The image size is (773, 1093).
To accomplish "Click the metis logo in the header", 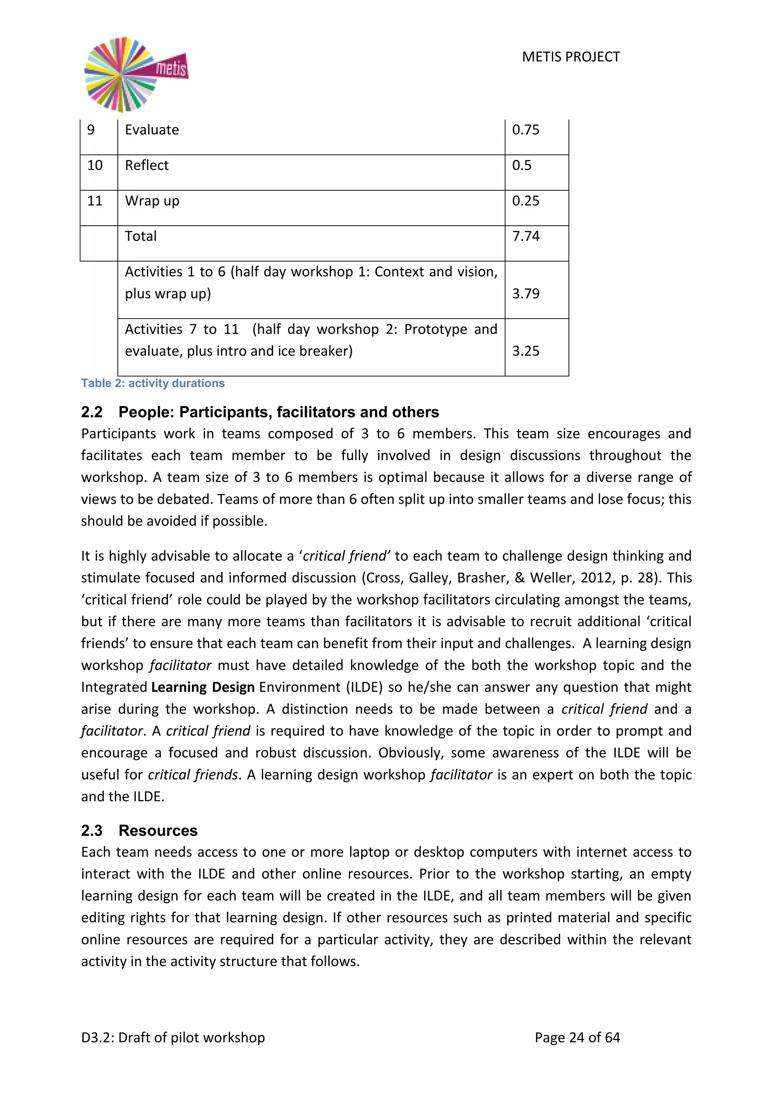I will point(136,74).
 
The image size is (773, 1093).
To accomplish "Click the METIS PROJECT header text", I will point(571,57).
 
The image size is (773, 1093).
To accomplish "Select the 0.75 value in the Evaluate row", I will point(525,130).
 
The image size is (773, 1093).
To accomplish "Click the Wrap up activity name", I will point(152,201).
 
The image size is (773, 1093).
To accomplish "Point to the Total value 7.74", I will point(525,236).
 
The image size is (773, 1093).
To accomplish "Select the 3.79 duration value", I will point(525,293).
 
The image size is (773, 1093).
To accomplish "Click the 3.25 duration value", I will point(525,351).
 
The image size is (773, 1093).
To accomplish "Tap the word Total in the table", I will point(140,236).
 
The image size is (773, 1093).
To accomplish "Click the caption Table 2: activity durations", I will point(153,383).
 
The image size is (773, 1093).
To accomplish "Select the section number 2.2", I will point(92,412).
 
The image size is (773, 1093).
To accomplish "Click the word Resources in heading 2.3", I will point(158,830).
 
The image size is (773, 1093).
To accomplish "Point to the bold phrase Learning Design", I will point(203,687).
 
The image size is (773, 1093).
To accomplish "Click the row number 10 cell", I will point(95,165).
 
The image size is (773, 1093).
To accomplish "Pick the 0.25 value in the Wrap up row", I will point(525,201).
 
